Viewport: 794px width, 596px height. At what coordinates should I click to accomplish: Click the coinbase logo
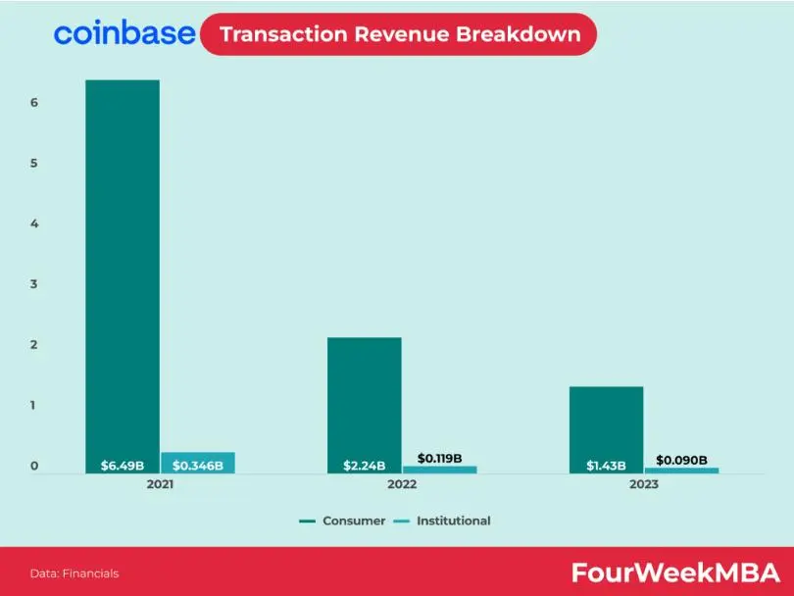point(124,33)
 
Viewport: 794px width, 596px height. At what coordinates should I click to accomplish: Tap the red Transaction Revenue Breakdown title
point(399,34)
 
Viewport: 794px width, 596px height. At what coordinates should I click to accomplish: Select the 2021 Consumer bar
point(123,276)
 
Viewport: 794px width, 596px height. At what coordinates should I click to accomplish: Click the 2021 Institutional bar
point(198,463)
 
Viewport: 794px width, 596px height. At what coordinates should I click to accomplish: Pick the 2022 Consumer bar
point(365,406)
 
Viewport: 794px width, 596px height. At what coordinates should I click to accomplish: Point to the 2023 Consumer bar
point(606,430)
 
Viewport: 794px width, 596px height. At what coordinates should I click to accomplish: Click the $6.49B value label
point(123,466)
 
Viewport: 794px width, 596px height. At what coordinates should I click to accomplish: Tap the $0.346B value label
point(198,466)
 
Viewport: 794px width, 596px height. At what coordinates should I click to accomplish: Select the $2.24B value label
point(365,466)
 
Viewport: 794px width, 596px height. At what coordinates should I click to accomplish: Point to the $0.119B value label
point(439,458)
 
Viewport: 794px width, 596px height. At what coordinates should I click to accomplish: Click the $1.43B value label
point(606,466)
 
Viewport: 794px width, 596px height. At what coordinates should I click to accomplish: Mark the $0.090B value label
point(681,460)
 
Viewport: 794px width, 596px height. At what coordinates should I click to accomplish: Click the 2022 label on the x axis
point(402,484)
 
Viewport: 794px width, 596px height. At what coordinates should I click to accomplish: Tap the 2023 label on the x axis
point(644,484)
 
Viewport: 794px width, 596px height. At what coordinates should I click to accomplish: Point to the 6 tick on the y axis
point(34,102)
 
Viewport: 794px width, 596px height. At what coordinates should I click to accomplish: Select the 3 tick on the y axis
point(34,284)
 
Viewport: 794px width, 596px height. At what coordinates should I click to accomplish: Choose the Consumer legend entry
point(342,521)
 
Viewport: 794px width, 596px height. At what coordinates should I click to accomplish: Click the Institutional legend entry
point(442,521)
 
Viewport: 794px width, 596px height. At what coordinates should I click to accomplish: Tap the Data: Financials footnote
point(74,573)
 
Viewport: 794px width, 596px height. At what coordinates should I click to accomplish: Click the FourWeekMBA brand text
point(676,572)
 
